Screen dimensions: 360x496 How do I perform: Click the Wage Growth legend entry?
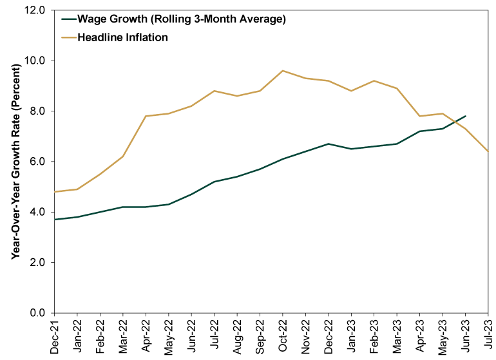point(180,19)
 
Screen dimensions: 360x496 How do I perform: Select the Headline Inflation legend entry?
point(122,37)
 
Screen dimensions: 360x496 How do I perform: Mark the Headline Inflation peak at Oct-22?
point(282,71)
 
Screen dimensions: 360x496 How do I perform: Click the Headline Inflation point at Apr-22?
point(146,117)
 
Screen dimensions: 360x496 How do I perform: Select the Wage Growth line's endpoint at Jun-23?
point(464,117)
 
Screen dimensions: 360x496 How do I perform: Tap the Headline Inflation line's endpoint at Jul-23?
point(487,151)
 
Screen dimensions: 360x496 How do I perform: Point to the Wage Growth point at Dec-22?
point(328,144)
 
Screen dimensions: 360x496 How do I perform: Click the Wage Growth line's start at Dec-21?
point(55,220)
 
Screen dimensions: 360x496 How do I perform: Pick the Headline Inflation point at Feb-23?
point(374,81)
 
